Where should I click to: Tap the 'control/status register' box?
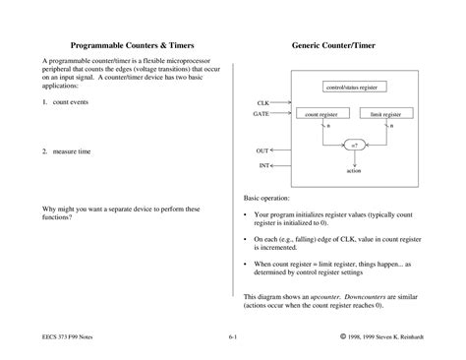(x=352, y=88)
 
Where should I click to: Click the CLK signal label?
(x=262, y=102)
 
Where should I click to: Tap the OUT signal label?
(x=262, y=150)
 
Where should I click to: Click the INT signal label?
(x=263, y=165)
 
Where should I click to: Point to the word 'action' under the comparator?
(x=354, y=171)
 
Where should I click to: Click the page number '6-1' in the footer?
(x=232, y=337)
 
